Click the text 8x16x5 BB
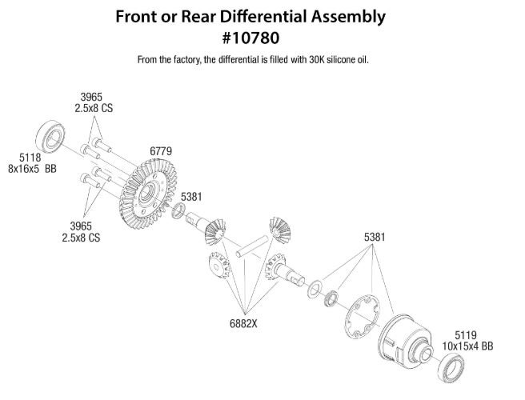click(x=32, y=170)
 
